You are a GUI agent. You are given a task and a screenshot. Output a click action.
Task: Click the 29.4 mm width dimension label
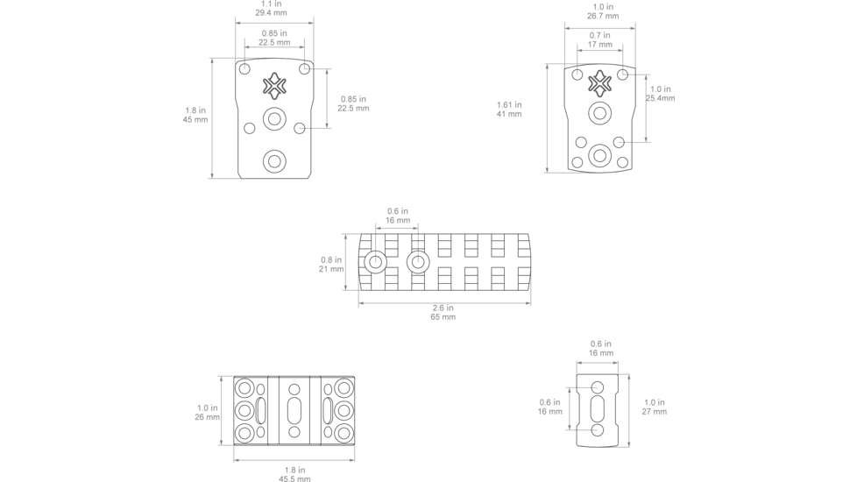[x=271, y=8]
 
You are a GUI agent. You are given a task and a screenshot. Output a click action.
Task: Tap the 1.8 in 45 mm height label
[x=195, y=115]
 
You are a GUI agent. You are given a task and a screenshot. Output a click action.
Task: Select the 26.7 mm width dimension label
[x=603, y=11]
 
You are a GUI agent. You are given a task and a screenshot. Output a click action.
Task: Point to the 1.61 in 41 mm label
[x=509, y=110]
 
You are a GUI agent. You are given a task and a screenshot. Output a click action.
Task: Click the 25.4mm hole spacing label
[x=660, y=94]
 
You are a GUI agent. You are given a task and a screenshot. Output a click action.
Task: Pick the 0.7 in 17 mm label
[x=599, y=40]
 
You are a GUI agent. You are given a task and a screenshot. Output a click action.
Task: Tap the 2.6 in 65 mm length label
[x=443, y=312]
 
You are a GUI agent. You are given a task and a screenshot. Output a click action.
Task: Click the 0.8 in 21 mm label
[x=331, y=264]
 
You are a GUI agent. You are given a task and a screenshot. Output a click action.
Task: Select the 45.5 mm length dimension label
[x=294, y=474]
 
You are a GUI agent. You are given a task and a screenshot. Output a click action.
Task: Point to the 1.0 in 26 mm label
[x=207, y=412]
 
